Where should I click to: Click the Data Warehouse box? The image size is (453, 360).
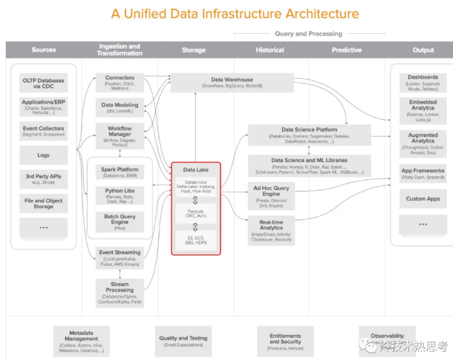(232, 83)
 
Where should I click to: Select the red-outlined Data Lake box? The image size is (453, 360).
(196, 208)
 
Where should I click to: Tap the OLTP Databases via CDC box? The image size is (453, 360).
(43, 83)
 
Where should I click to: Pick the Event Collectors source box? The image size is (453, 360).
(43, 131)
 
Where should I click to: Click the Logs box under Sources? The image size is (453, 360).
(43, 155)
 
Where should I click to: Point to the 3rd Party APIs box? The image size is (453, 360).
(43, 180)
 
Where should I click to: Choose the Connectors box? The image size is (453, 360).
(119, 82)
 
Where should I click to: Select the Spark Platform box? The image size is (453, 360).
(119, 172)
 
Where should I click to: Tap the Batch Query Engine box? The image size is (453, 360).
(119, 221)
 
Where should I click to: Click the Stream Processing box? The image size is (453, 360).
(119, 289)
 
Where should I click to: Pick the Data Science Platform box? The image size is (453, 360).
(309, 134)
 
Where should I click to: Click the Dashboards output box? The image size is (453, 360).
(422, 81)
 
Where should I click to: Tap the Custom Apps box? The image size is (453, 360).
(422, 199)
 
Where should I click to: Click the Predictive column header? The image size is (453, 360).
(347, 50)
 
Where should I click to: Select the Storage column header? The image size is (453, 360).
(194, 50)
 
